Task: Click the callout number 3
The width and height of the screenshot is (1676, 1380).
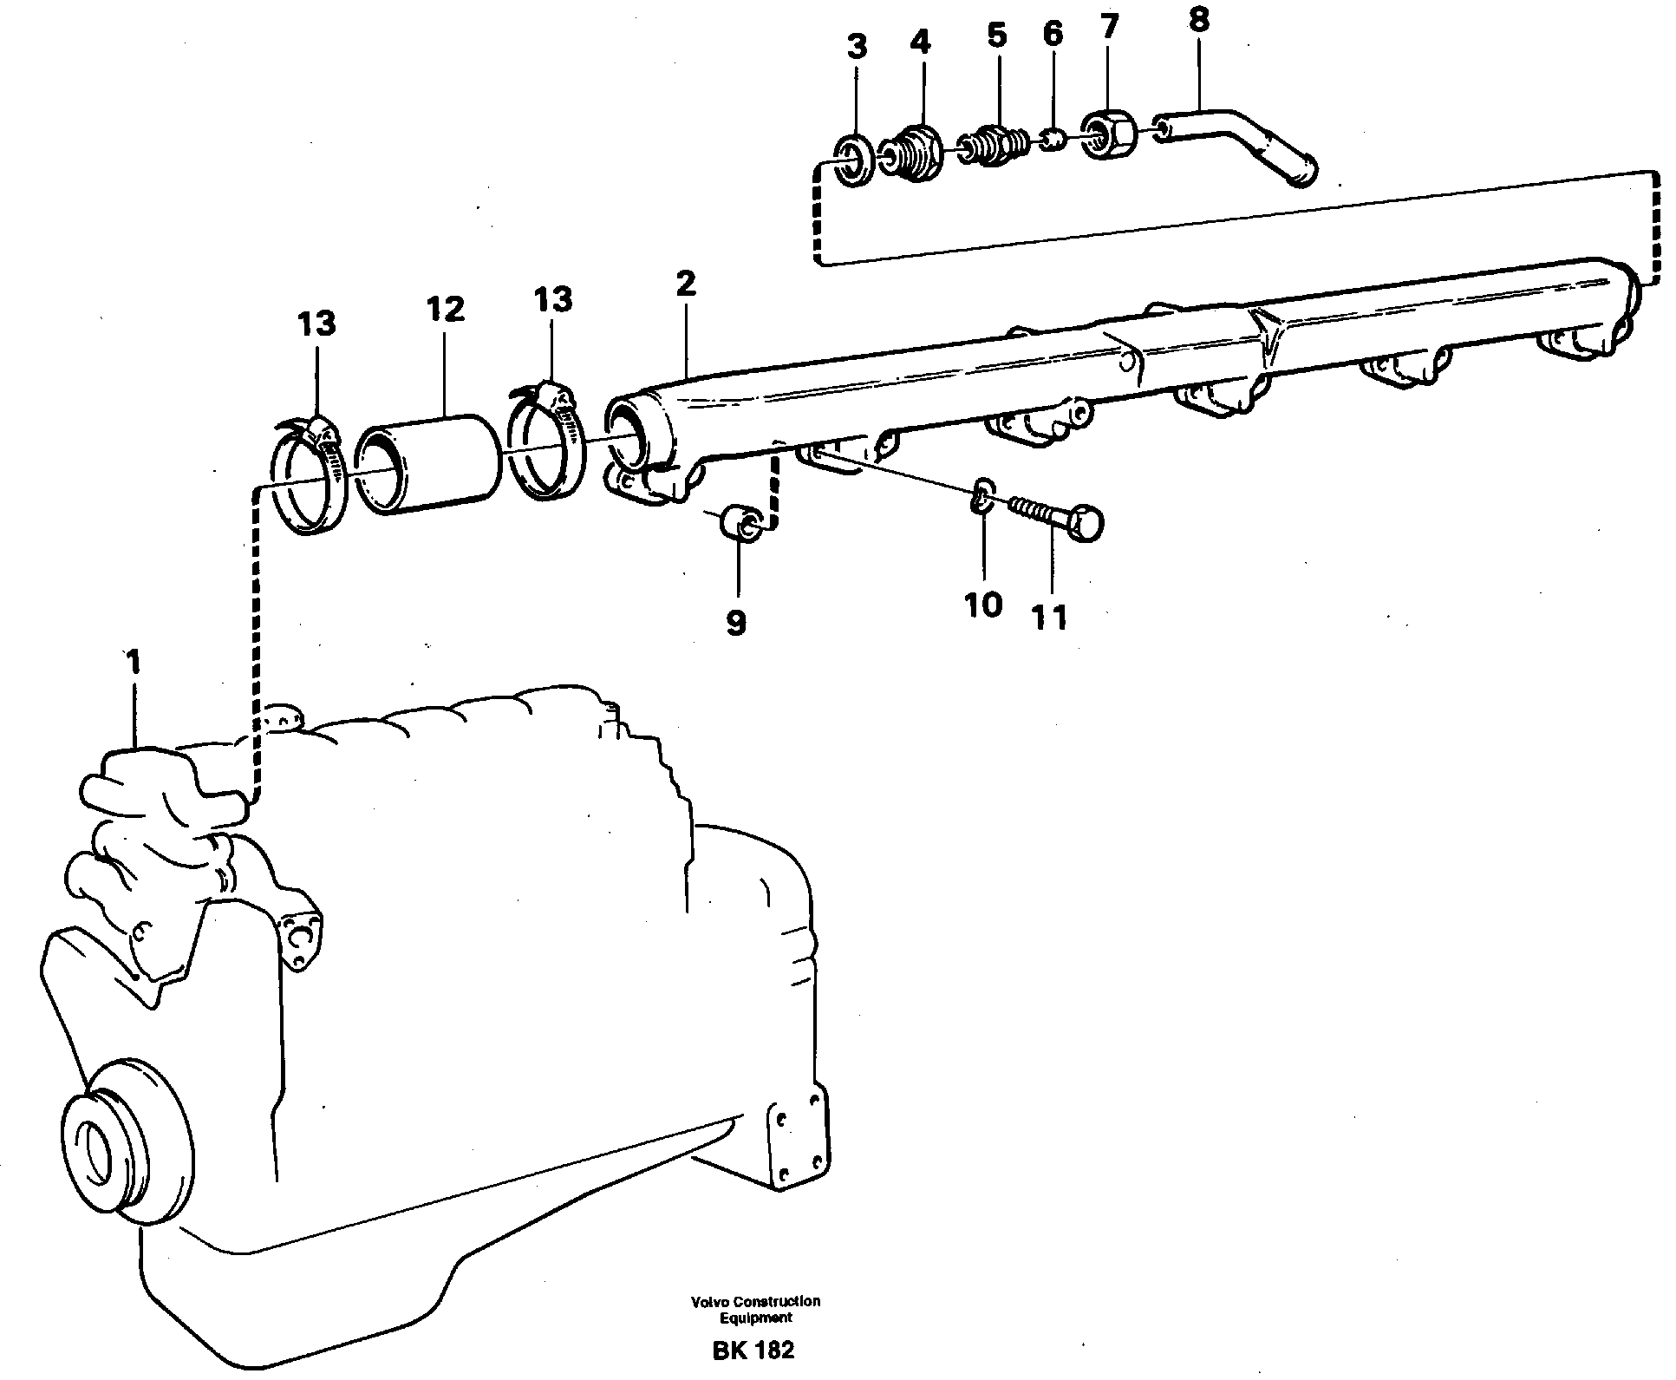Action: (856, 48)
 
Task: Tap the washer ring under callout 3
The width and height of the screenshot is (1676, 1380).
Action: (855, 160)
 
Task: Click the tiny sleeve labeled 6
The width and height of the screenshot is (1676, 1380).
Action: (1053, 138)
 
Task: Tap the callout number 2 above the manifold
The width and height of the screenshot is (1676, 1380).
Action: (685, 284)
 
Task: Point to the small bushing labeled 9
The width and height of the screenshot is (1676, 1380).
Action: (743, 520)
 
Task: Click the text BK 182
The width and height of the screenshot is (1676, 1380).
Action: (753, 1350)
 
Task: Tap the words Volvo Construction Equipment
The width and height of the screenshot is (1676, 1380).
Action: (755, 1309)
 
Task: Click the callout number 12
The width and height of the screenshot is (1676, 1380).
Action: (445, 309)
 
